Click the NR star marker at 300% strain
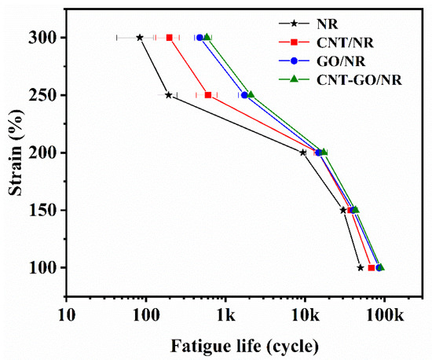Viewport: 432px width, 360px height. tap(140, 37)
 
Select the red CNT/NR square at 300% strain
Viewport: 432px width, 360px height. tap(170, 37)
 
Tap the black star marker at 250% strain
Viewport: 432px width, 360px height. tap(168, 95)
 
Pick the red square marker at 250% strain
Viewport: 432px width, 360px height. tap(208, 95)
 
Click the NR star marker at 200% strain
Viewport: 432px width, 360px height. tap(303, 152)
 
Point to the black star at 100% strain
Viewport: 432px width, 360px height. tap(361, 267)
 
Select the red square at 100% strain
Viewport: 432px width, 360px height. tap(372, 267)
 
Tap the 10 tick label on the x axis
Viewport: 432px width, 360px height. tap(66, 319)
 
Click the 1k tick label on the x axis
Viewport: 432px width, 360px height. tap(225, 319)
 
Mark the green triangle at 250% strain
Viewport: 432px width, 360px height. tap(251, 94)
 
